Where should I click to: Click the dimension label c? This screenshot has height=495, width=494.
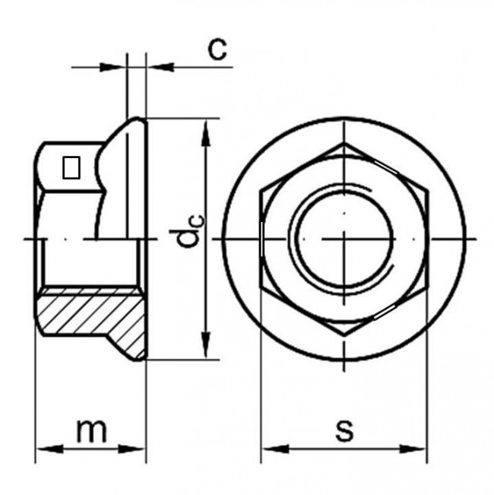(218, 49)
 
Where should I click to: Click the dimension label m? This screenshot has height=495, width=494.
(92, 432)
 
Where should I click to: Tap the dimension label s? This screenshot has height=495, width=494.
(344, 430)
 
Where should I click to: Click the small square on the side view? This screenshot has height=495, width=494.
(71, 167)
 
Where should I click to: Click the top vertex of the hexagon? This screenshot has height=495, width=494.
(344, 142)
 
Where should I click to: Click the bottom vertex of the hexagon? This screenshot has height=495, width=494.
(344, 334)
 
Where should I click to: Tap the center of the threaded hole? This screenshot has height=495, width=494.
(344, 239)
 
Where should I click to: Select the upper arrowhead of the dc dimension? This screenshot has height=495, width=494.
(204, 126)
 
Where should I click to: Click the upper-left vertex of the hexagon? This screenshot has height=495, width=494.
(261, 190)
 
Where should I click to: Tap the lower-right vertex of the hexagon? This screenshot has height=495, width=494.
(427, 287)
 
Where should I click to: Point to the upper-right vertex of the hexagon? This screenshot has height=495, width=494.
(427, 190)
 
